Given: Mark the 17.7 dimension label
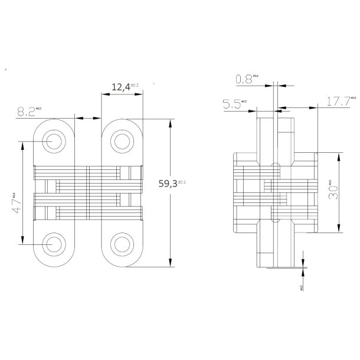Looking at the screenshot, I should pyautogui.click(x=338, y=102).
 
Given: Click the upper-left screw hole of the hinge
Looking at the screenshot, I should pyautogui.click(x=53, y=142).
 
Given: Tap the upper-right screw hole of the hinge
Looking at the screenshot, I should pyautogui.click(x=122, y=141).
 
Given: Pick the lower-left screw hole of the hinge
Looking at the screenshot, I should pyautogui.click(x=53, y=243).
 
